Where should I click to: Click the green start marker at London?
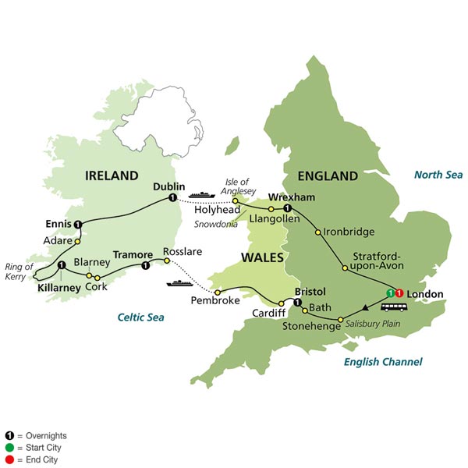(389, 292)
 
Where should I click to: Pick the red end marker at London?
(399, 292)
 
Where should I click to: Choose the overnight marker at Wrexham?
(287, 209)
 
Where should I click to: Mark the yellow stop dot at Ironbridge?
(317, 232)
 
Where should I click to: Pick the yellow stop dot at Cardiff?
(282, 303)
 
